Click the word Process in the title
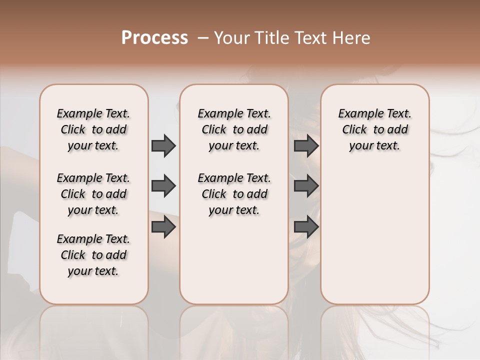154,38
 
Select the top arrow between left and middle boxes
163,145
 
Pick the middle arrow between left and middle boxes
163,186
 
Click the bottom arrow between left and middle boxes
163,227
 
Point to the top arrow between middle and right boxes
306,145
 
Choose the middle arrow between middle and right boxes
306,186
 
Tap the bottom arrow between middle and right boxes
306,227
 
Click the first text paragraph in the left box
93,129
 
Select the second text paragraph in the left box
93,194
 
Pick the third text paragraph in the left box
93,255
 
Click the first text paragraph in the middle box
234,129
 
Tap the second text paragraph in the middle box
234,194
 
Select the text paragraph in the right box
375,129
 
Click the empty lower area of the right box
375,235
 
